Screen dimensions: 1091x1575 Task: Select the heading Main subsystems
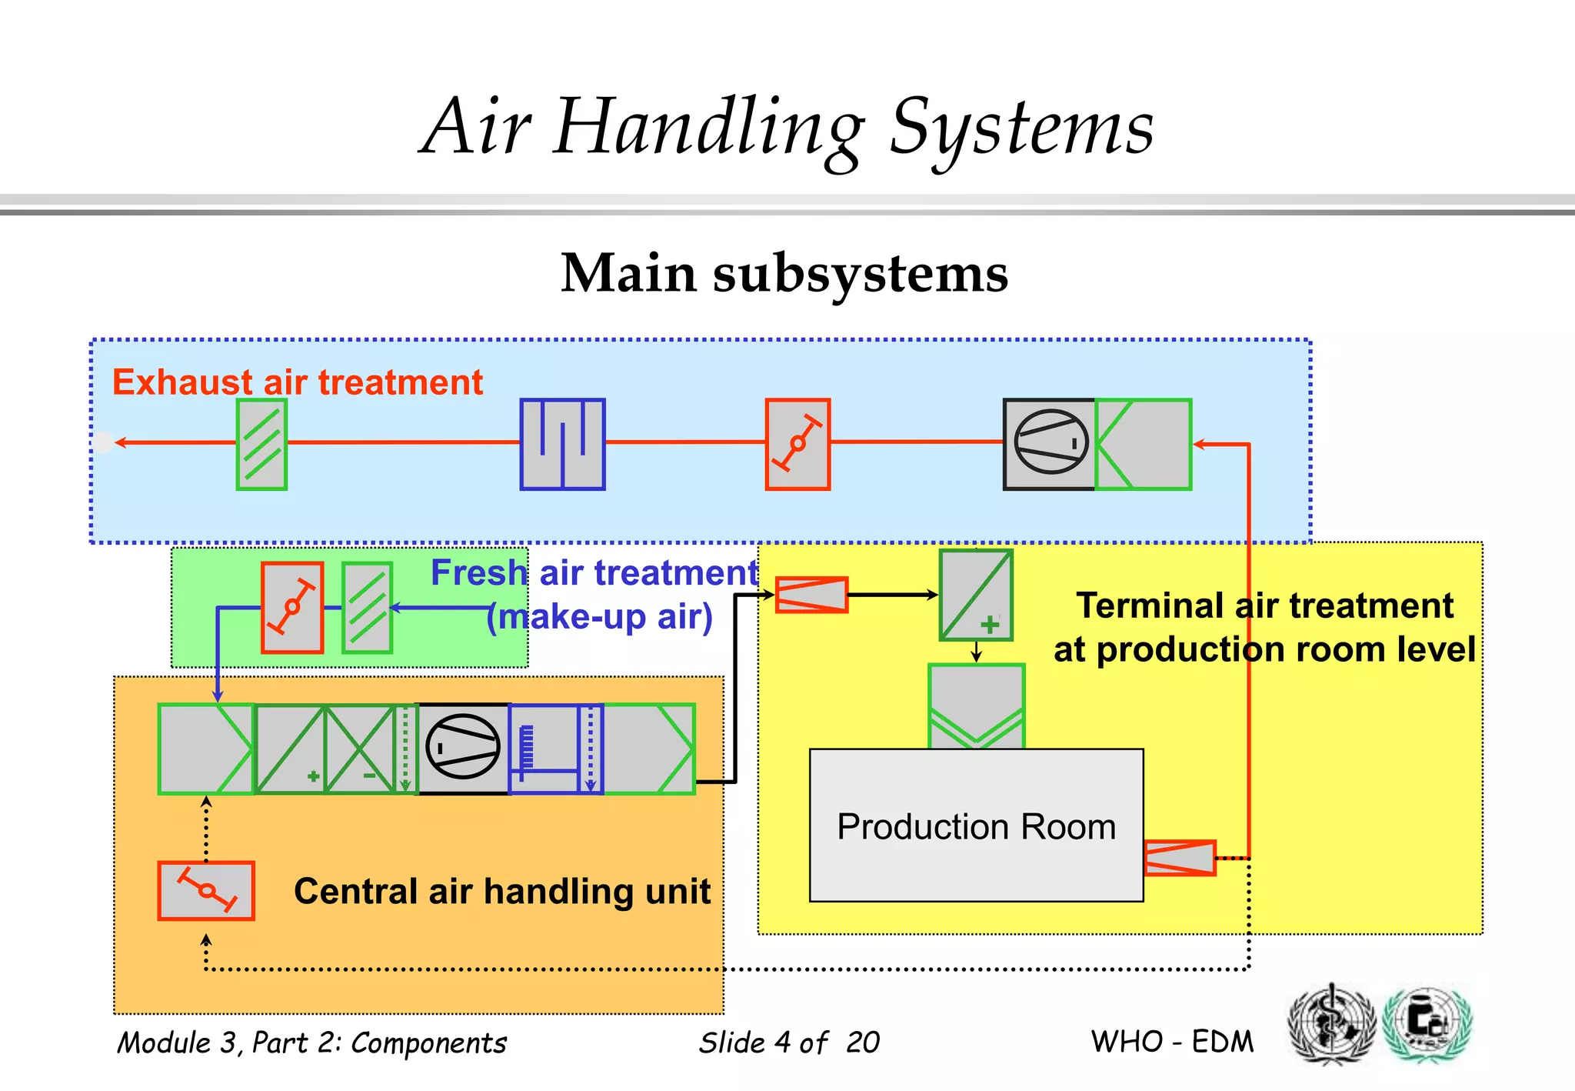coord(784,274)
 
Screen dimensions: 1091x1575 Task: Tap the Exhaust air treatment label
coord(298,382)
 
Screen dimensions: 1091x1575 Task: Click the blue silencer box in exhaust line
coord(562,444)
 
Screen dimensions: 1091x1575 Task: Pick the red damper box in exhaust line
coord(797,444)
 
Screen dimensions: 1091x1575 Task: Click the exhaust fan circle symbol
coord(1051,442)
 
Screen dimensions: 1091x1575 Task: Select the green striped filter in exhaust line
coord(261,444)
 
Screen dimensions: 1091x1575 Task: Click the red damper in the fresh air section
coord(291,607)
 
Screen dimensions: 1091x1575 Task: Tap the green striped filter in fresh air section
coord(367,607)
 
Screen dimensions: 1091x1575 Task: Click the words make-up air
coord(601,617)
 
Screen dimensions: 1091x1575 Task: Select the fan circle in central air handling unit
coord(462,747)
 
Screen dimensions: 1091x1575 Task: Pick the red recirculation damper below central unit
coord(206,890)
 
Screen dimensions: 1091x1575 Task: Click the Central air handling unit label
coord(502,891)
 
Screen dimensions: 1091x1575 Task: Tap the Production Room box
coord(976,826)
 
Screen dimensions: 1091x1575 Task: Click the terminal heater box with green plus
coord(976,595)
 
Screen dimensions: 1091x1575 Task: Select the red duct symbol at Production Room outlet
coord(1180,858)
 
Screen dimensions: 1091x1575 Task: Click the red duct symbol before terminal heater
coord(811,595)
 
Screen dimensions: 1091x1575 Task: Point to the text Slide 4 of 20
coord(788,1043)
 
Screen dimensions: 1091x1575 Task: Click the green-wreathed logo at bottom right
coord(1427,1023)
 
